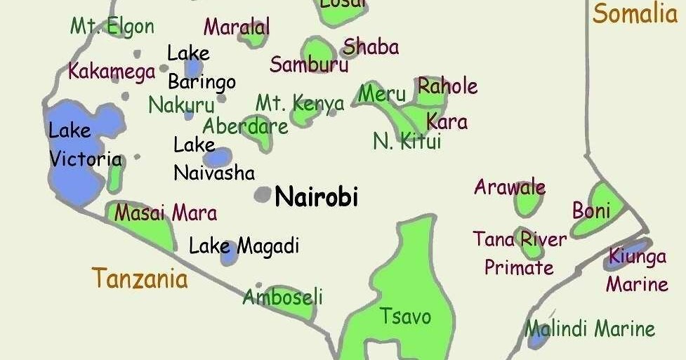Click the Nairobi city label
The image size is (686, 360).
point(316,196)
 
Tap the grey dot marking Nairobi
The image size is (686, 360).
point(263,195)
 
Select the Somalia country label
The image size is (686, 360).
point(635,14)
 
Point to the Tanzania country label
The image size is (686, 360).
point(140,279)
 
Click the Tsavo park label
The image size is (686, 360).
point(405,316)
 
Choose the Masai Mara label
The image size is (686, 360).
point(166,213)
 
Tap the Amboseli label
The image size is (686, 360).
point(282,297)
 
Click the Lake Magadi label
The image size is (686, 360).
point(244,246)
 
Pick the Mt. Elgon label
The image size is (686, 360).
point(112,27)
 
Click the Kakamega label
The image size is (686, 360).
point(112,72)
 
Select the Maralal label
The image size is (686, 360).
point(237,28)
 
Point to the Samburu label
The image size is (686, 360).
point(309,65)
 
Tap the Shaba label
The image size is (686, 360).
point(371,47)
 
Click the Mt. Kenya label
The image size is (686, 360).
point(300,104)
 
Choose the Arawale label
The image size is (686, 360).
point(510,187)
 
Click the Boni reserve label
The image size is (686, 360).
point(591,210)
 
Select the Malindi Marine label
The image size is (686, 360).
point(590,328)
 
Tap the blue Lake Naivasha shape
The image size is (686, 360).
point(220,156)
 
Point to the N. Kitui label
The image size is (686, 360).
point(407,142)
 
